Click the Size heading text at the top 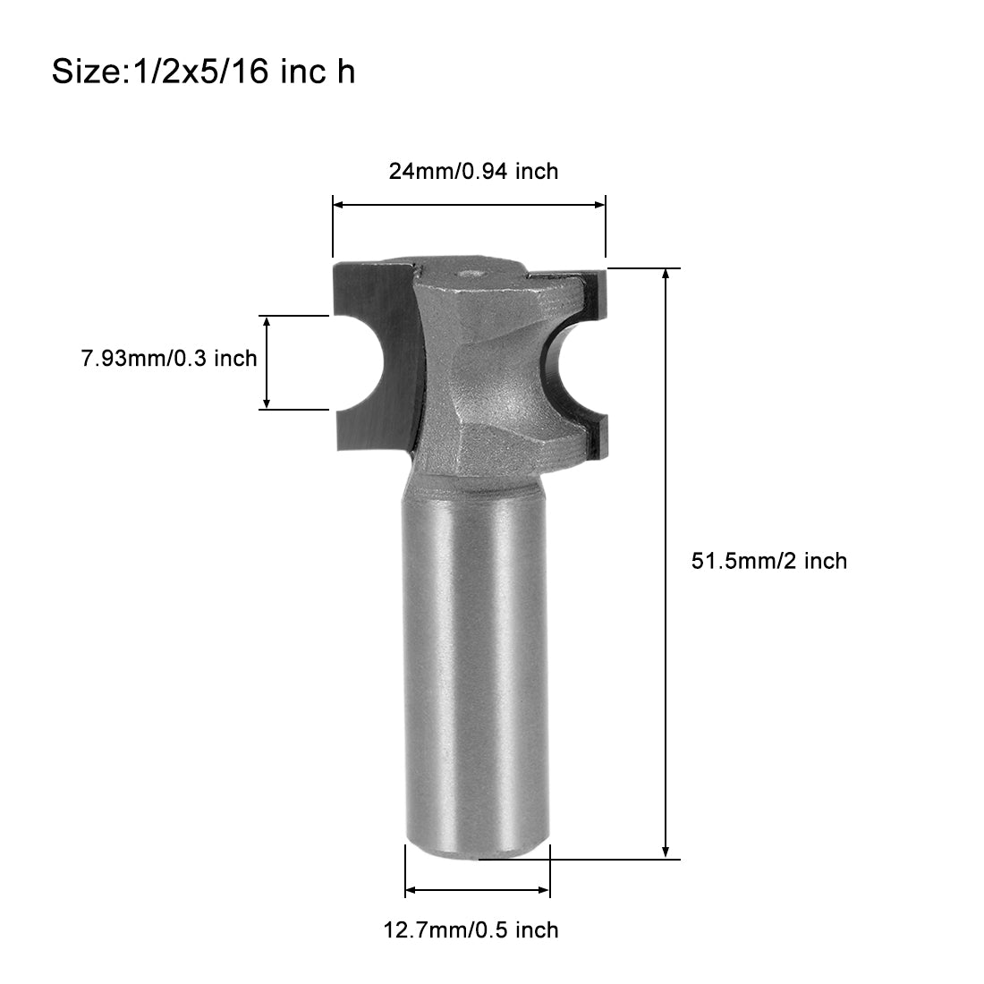coord(203,72)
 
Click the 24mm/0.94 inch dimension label coord(473,170)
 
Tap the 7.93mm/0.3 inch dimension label coord(169,359)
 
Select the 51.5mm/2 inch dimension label coord(769,561)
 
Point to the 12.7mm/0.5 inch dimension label coord(471,929)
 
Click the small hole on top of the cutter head coord(468,276)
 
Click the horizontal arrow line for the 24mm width coord(469,205)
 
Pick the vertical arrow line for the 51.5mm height coord(666,564)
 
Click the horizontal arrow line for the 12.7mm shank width coord(478,890)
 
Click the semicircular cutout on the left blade coord(358,362)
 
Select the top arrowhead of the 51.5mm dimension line coord(666,275)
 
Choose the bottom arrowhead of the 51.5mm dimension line coord(666,852)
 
